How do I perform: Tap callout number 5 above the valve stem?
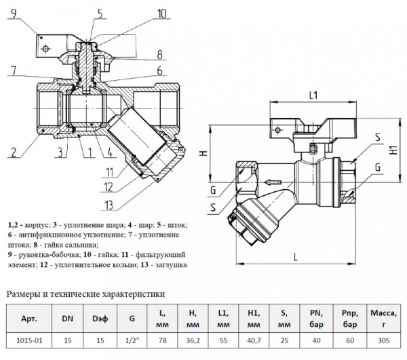tap(100, 13)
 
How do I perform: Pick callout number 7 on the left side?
tap(13, 69)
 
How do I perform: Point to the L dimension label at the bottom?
tap(296, 256)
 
